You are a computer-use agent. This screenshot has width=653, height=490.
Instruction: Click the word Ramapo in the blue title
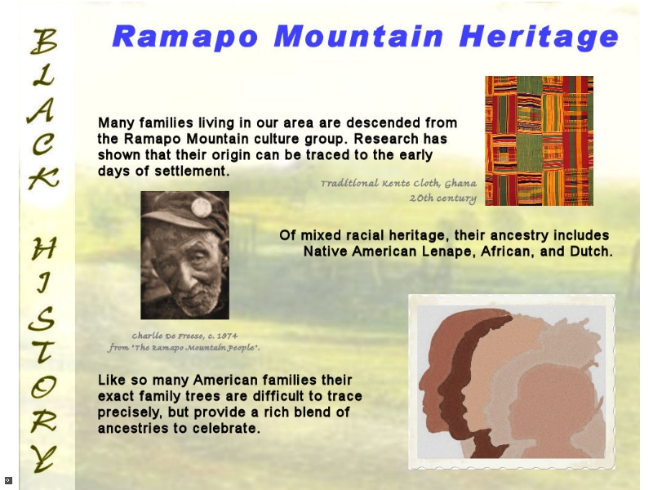coord(185,37)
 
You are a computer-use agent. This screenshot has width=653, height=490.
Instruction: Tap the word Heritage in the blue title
coord(539,37)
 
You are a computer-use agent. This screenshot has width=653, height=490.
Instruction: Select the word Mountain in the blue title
coord(358,36)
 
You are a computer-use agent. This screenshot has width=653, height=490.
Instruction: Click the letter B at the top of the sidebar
coord(43,42)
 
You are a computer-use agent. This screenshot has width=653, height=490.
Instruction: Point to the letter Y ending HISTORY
coord(43,458)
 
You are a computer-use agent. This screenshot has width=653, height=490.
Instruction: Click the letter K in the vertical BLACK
coord(43,178)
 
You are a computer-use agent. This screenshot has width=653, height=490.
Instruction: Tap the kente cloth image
coord(539,140)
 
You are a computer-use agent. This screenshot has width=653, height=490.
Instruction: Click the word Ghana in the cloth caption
coord(460,183)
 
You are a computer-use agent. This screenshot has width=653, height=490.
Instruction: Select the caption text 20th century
coord(442,198)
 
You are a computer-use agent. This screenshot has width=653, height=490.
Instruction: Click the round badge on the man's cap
coord(202,207)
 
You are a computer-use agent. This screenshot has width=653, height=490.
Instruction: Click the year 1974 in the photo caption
coord(227,336)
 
